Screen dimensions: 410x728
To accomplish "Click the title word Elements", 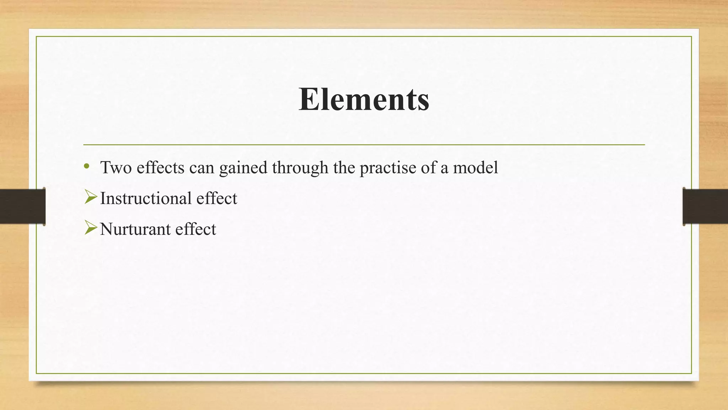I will [364, 99].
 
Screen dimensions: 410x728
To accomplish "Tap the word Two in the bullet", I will [116, 167].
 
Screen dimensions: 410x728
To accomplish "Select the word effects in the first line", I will [160, 167].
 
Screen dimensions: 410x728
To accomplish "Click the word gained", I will [243, 168].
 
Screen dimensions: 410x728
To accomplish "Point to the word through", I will [300, 168].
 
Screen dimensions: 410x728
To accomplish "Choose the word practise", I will [388, 168].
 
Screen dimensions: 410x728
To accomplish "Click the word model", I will [475, 167].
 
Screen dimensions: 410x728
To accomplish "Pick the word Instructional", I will [146, 198].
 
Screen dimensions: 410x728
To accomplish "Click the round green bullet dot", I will [86, 166].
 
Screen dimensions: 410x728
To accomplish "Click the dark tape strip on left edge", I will [22, 206].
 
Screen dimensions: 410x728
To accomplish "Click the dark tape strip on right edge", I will [705, 206].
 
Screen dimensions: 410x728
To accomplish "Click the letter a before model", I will [444, 168].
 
